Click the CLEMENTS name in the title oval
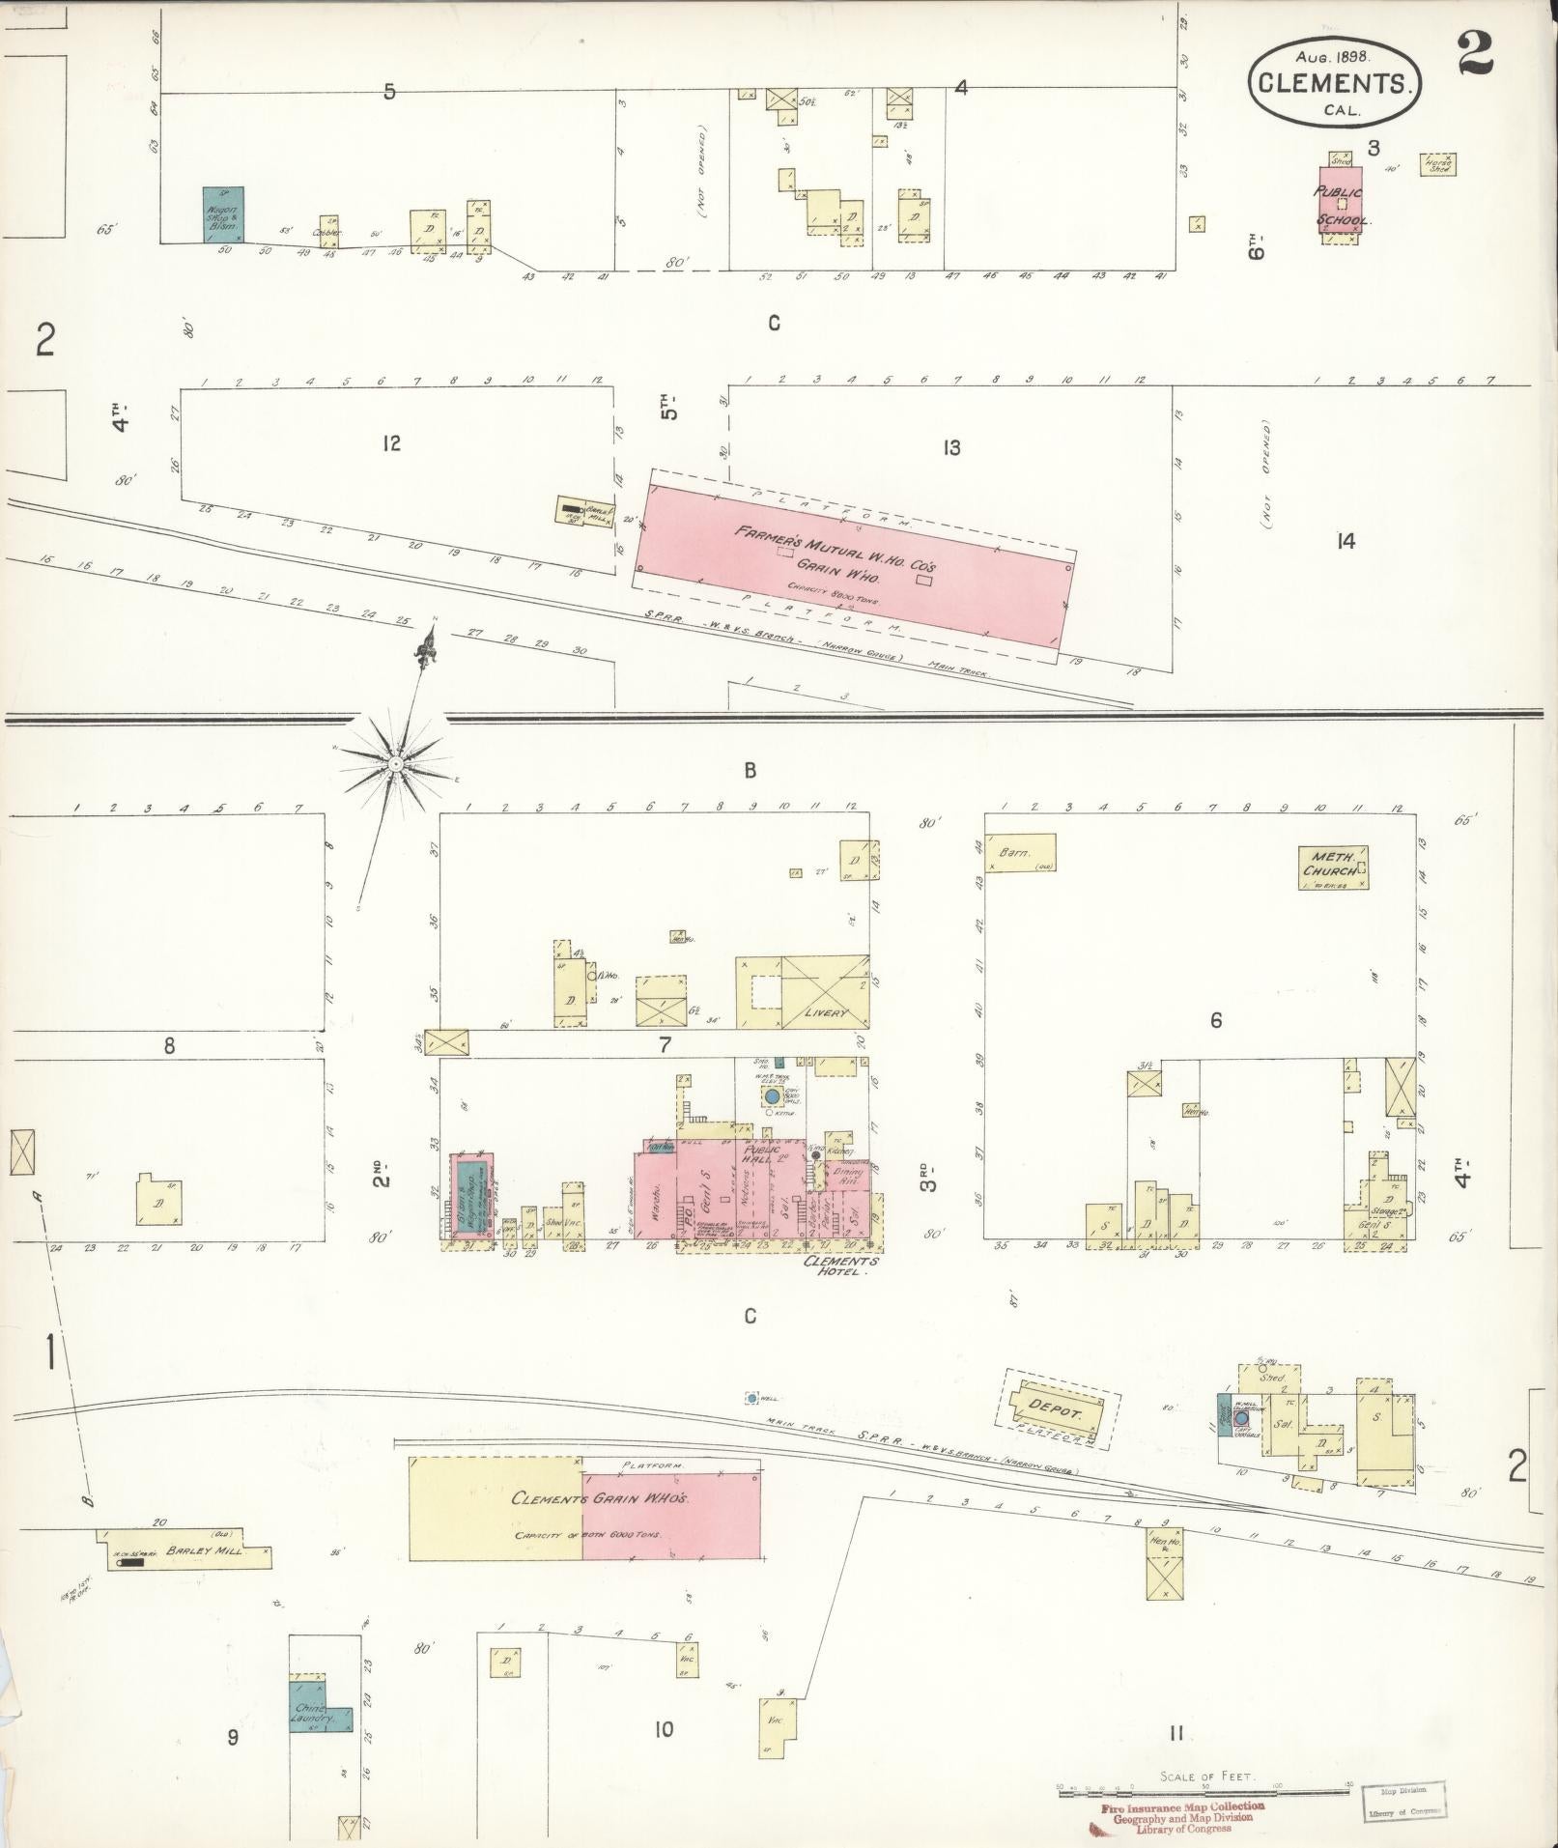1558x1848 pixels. pyautogui.click(x=1336, y=83)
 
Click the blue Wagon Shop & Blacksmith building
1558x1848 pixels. pyautogui.click(x=223, y=213)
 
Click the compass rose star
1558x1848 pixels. pyautogui.click(x=395, y=763)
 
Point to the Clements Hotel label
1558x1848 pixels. pyautogui.click(x=844, y=1266)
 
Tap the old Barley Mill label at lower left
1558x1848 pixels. pyautogui.click(x=189, y=1550)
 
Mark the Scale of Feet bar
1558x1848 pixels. pyautogui.click(x=1207, y=1793)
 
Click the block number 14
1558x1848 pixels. pyautogui.click(x=1346, y=541)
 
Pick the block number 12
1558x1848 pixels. pyautogui.click(x=390, y=443)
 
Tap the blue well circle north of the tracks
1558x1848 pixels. pyautogui.click(x=751, y=1398)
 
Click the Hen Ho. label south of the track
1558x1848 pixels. pyautogui.click(x=1160, y=1541)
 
